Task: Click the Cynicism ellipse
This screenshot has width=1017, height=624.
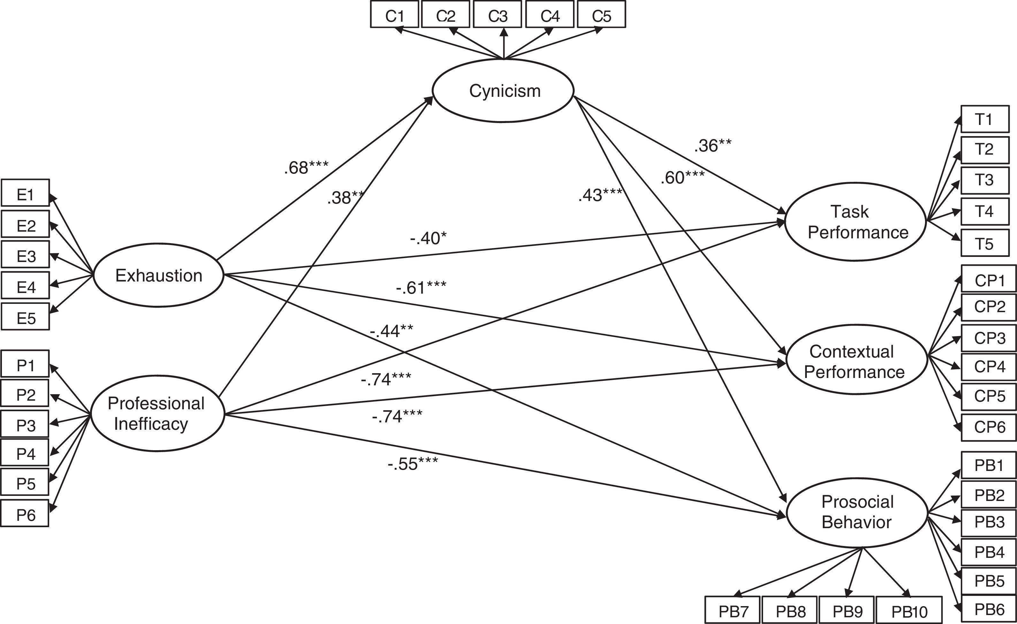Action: coord(503,91)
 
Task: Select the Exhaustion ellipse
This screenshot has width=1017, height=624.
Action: coord(158,275)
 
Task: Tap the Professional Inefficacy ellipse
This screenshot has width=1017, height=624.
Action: coord(157,413)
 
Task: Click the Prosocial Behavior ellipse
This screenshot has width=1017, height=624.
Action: coord(857,512)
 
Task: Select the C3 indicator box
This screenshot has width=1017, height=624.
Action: coord(497,15)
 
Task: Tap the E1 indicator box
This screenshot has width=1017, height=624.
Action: coord(25,193)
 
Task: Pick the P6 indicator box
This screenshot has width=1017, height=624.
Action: coord(25,513)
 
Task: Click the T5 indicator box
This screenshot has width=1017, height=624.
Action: coord(985,243)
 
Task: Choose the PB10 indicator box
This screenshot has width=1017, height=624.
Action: coord(909,610)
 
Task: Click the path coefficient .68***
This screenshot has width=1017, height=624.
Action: coord(306,168)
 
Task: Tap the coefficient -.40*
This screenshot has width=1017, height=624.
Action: coord(428,238)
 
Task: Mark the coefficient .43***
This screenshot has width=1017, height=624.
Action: coord(600,195)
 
